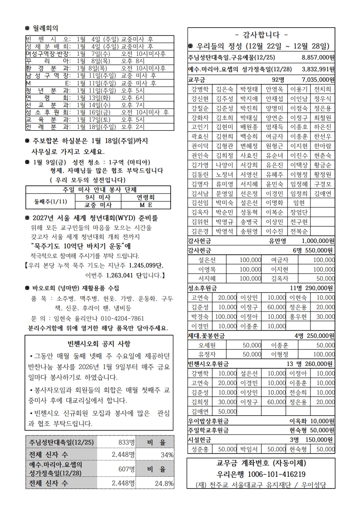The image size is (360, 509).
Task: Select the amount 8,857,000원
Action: click(x=318, y=58)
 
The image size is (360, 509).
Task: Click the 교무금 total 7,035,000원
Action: click(x=318, y=80)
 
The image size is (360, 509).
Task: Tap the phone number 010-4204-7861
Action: click(x=121, y=318)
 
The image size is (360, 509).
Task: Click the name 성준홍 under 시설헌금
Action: click(x=200, y=449)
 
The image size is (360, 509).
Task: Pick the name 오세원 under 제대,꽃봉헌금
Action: click(x=207, y=346)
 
